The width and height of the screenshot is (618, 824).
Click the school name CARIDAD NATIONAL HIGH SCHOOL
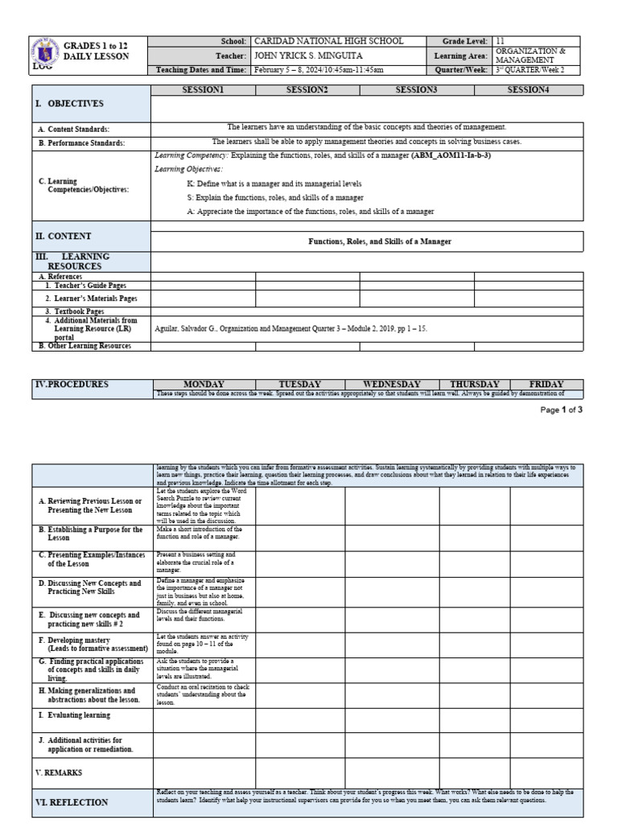click(328, 41)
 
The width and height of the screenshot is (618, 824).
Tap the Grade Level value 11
click(501, 41)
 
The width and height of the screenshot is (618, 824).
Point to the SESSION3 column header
click(416, 90)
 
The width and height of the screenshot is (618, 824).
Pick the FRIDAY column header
click(546, 385)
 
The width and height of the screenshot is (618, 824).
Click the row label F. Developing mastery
click(93, 643)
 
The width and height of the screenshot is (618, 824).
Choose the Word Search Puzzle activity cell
click(204, 505)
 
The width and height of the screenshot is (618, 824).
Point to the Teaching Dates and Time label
click(201, 70)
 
